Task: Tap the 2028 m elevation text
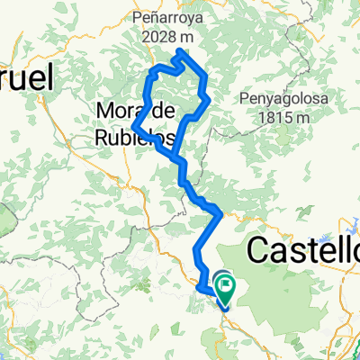pyautogui.click(x=175, y=36)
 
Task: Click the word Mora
pyautogui.click(x=116, y=111)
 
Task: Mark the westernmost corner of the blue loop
pyautogui.click(x=133, y=126)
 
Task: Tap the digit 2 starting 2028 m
pyautogui.click(x=148, y=37)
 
